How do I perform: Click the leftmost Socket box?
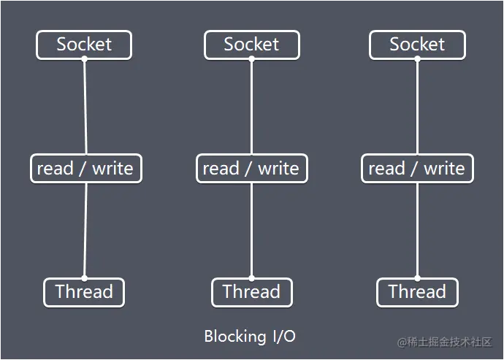point(84,45)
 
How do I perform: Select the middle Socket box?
point(251,45)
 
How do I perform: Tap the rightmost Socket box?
point(417,45)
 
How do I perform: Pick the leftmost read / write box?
point(85,169)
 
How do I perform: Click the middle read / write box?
point(251,169)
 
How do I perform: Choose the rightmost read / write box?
point(417,169)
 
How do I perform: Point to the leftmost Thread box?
point(84,292)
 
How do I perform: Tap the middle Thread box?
point(251,292)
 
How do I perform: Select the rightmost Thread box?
point(417,292)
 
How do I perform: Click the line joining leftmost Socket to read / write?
point(85,107)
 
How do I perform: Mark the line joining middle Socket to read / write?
point(251,107)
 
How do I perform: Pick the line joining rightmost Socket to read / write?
point(417,107)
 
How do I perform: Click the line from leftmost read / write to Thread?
point(85,230)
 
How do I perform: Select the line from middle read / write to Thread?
point(251,230)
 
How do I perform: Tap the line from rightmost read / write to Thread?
point(417,230)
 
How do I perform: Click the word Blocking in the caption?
point(235,337)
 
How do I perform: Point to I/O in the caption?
point(284,337)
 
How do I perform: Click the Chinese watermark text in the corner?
point(445,342)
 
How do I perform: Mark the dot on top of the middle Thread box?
point(251,277)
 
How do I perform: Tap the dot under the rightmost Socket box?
point(417,59)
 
